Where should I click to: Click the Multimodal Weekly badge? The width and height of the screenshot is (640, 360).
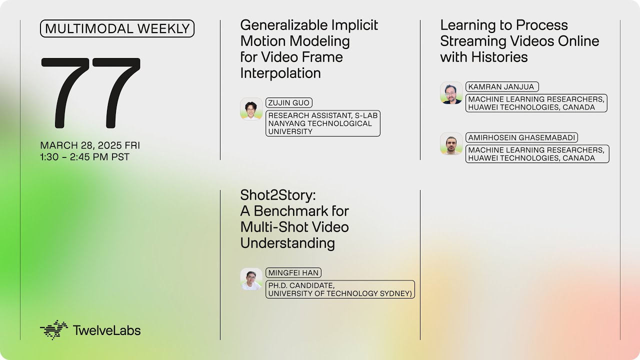pos(117,29)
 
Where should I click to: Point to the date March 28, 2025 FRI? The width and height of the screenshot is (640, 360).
pos(90,145)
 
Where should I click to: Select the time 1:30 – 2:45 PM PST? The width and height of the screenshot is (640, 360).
pos(85,157)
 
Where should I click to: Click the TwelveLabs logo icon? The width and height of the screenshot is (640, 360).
pos(53,330)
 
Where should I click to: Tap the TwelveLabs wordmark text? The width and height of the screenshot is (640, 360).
pos(106,330)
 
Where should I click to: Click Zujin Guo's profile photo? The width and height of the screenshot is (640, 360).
pos(251,109)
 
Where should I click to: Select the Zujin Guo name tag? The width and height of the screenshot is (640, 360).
pos(289,103)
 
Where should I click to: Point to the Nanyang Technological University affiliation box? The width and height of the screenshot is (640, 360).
pos(322,123)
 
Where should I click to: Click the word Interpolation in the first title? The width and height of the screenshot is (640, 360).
pos(280,73)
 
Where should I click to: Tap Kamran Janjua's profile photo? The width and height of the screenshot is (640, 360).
pos(451,93)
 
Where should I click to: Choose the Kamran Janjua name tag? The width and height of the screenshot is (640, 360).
pos(501,87)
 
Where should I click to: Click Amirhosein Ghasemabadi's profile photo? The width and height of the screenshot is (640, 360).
pos(451,143)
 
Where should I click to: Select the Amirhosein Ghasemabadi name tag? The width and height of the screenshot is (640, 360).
pos(522,137)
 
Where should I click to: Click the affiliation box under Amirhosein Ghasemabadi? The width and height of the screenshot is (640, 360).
pos(537,154)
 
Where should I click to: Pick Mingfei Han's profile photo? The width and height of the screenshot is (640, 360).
pos(251,279)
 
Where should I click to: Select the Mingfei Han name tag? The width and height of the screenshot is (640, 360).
pos(293,273)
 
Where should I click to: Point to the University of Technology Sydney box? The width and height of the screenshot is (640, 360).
pos(340,289)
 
